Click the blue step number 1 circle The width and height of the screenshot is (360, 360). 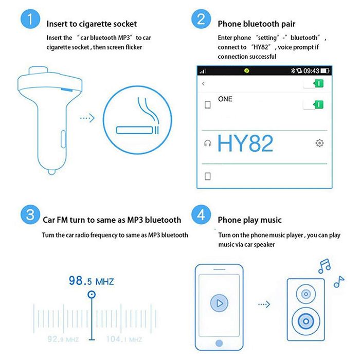(x=30, y=19)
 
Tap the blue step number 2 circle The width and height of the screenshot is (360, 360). (x=201, y=19)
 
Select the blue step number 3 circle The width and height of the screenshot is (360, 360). (x=30, y=214)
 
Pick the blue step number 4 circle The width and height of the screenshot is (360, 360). (x=201, y=214)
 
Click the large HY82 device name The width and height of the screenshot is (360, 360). (x=245, y=143)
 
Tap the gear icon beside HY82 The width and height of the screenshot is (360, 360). (x=319, y=143)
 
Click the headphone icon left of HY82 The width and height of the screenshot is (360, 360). (x=208, y=143)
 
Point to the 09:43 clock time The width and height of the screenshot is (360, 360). (x=311, y=71)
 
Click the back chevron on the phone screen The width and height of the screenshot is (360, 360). (x=203, y=83)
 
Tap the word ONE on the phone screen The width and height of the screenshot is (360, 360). (x=225, y=99)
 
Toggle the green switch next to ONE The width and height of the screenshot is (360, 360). (x=313, y=105)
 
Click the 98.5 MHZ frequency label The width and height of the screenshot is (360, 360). (x=91, y=281)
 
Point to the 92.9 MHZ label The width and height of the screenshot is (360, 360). (x=63, y=339)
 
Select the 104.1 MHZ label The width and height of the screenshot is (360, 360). (x=124, y=339)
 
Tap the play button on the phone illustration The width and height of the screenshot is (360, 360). (x=219, y=303)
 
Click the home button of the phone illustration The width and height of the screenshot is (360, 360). (x=219, y=343)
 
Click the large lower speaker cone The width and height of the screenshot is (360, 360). (x=306, y=321)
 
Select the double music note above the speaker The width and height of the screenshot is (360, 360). (x=324, y=266)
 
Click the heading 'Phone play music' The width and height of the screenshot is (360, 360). (x=249, y=220)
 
